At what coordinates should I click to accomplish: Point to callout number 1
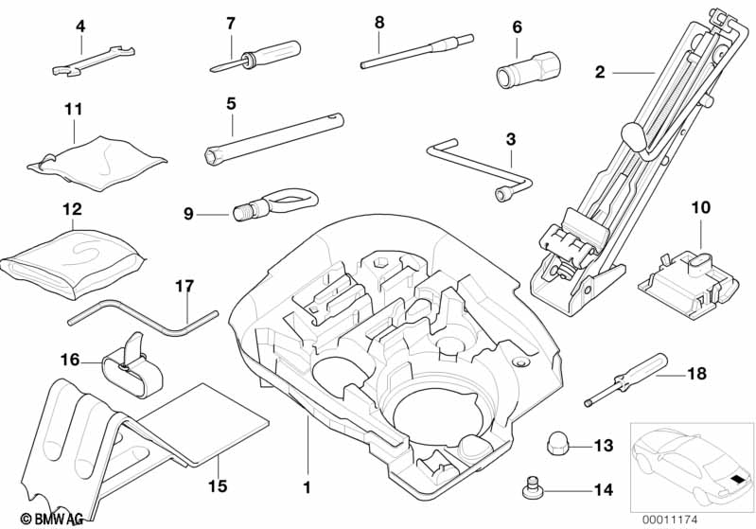(307, 488)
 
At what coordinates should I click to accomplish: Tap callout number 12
(72, 208)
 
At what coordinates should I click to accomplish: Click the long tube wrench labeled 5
(274, 136)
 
